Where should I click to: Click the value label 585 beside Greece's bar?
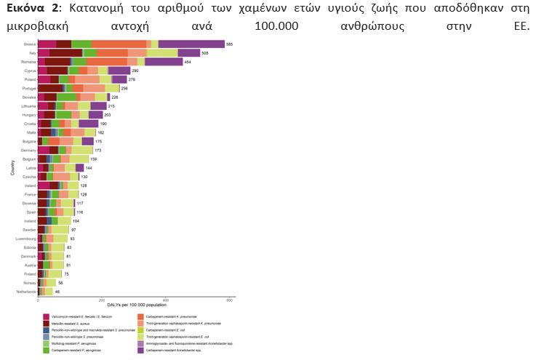[230, 44]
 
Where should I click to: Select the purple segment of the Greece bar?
[191, 44]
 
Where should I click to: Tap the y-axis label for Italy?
[31, 53]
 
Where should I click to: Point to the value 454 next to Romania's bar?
[188, 62]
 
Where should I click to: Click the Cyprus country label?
[30, 71]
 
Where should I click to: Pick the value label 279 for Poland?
[132, 79]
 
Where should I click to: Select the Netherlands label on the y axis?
[26, 292]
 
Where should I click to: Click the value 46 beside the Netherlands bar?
[57, 292]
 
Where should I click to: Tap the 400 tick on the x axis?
[166, 300]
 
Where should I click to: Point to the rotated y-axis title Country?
[12, 168]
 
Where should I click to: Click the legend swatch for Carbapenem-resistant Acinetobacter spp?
[141, 351]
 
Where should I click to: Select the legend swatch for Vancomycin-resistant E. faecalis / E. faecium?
[47, 316]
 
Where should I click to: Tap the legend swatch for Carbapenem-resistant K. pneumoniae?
[141, 316]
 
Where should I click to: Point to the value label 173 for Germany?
[97, 150]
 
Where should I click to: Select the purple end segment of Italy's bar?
[188, 53]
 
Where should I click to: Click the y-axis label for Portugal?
[29, 88]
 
